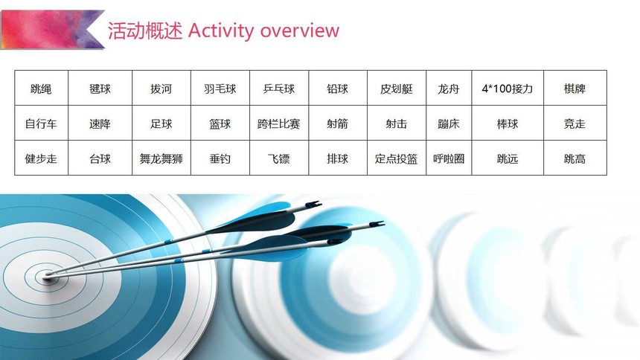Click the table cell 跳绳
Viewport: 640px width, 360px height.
pyautogui.click(x=41, y=89)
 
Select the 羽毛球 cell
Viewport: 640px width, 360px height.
pyautogui.click(x=220, y=89)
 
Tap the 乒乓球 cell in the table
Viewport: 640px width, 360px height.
pyautogui.click(x=279, y=89)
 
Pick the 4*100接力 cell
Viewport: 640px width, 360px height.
pyautogui.click(x=508, y=89)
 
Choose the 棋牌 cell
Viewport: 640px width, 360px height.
pyautogui.click(x=575, y=89)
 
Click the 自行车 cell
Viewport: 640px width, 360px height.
pyautogui.click(x=41, y=123)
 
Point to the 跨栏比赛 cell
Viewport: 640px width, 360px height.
pyautogui.click(x=279, y=123)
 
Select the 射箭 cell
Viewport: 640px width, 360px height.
pyautogui.click(x=338, y=123)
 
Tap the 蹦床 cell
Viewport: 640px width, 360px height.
pyautogui.click(x=449, y=123)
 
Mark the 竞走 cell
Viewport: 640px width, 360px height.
pyautogui.click(x=575, y=123)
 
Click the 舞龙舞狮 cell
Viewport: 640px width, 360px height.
pyautogui.click(x=161, y=158)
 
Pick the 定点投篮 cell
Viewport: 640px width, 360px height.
pyautogui.click(x=397, y=158)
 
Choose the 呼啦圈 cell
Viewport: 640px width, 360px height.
pyautogui.click(x=449, y=158)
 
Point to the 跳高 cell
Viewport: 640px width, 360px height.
pyautogui.click(x=575, y=158)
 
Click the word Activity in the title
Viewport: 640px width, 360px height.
pyautogui.click(x=221, y=31)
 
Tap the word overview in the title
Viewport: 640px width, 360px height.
pyautogui.click(x=300, y=31)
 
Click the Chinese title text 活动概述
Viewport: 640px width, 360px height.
pyautogui.click(x=145, y=30)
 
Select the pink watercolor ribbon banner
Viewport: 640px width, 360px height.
pyautogui.click(x=52, y=30)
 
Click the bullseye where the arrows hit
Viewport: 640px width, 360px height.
pyautogui.click(x=48, y=277)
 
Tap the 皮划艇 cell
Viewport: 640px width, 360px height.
pyautogui.click(x=397, y=89)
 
